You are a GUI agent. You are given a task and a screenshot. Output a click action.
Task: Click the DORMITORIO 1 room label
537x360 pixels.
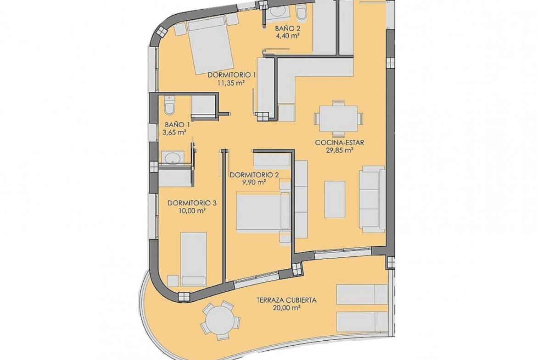tap(232, 75)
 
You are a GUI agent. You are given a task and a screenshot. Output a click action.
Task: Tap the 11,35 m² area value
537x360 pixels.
tap(231, 83)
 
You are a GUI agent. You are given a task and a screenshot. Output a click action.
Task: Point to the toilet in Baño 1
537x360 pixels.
tap(169, 105)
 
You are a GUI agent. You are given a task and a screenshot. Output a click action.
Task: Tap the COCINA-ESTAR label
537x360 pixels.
tap(340, 142)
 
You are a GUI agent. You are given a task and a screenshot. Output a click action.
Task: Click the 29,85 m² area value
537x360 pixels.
tap(340, 150)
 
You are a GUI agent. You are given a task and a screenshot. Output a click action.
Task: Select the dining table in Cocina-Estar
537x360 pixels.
tap(338, 118)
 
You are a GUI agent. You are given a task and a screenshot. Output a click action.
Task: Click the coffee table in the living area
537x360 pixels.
tap(335, 199)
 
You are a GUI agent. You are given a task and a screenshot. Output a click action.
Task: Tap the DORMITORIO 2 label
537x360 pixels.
tap(254, 175)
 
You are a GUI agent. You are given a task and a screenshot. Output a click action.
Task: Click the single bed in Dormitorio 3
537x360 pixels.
tap(194, 259)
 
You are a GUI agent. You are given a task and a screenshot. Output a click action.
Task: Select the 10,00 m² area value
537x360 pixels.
tap(192, 211)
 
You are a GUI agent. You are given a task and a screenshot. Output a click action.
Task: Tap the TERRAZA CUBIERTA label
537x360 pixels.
tap(287, 300)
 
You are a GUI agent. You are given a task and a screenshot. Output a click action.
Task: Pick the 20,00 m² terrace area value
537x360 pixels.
tap(287, 308)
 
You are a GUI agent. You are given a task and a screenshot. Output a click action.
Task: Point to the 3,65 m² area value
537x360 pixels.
tap(175, 133)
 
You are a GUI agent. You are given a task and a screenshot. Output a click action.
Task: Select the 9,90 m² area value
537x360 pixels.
tap(254, 183)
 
